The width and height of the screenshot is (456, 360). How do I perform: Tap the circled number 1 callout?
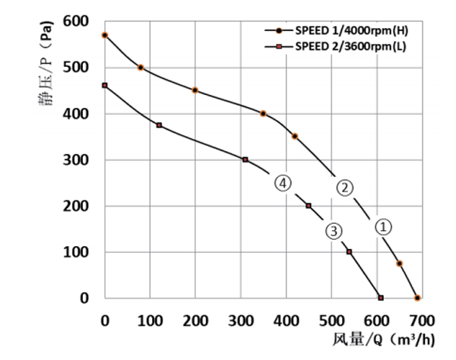point(384,226)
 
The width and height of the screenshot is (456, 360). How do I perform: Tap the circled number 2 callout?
point(344,188)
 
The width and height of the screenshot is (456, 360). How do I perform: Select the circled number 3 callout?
point(334,231)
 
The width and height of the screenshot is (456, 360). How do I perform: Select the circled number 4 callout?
point(283,184)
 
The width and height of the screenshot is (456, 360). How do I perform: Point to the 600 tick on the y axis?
point(78,21)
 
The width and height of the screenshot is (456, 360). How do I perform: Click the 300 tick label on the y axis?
point(78,160)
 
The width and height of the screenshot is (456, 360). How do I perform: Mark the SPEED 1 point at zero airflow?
point(105,35)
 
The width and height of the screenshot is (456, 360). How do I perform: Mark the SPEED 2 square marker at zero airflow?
point(105,85)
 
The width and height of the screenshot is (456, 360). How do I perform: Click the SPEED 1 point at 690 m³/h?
point(417,298)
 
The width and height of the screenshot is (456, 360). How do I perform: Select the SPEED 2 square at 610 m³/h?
point(381,298)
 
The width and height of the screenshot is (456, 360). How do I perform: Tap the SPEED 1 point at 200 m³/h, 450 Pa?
point(195,90)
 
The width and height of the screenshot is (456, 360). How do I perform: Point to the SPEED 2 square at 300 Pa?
point(245,159)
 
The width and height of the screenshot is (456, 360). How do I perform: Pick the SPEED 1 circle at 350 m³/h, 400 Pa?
point(263,113)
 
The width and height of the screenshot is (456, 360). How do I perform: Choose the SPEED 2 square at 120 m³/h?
point(159,125)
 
